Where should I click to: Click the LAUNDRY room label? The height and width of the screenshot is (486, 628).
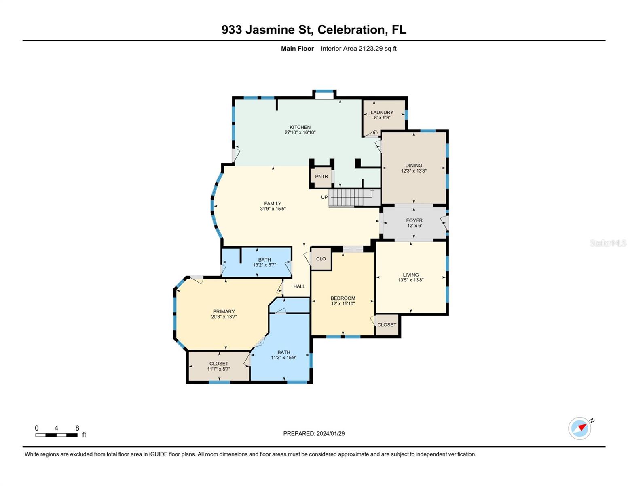tap(382, 113)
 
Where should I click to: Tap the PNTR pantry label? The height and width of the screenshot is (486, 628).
tap(321, 177)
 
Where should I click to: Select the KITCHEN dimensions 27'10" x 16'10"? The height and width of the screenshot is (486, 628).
tap(300, 132)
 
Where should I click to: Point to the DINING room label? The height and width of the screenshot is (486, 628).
tap(414, 166)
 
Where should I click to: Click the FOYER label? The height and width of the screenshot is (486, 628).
tap(414, 221)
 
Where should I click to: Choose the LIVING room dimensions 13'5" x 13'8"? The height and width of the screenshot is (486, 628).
tap(411, 280)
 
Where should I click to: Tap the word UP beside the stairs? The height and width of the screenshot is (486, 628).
tap(324, 197)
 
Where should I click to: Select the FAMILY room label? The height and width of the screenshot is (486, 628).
tap(273, 204)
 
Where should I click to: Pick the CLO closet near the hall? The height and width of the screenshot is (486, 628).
tap(321, 259)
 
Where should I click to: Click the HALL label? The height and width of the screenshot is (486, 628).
tap(299, 286)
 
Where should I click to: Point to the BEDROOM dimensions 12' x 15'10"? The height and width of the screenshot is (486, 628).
tap(343, 303)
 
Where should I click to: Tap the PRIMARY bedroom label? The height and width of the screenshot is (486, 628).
tap(224, 312)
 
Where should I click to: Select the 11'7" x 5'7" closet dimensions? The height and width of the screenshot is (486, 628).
tap(219, 369)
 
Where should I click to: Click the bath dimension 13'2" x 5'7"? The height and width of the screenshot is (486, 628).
tap(264, 265)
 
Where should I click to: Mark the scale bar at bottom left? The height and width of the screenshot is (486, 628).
tap(56, 435)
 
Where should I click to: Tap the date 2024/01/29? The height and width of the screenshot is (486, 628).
tap(330, 433)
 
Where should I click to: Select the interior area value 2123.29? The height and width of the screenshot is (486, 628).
tap(370, 49)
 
